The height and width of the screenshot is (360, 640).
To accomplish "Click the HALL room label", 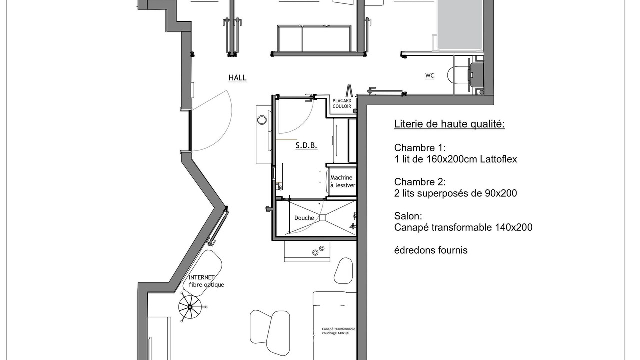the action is click(x=237, y=78).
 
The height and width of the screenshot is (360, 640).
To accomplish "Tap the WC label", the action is click(x=429, y=76).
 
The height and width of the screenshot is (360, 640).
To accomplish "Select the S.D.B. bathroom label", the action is click(x=306, y=146).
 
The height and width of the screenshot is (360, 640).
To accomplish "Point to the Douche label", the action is click(x=304, y=218).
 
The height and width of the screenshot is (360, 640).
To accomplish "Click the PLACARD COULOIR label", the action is click(x=342, y=103).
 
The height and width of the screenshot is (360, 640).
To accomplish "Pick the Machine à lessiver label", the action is click(x=343, y=181).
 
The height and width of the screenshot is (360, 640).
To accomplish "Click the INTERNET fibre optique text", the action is click(x=206, y=281).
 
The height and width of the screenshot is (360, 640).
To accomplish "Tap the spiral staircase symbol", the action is click(x=190, y=307).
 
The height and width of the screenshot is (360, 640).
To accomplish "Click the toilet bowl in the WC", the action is click(x=458, y=75).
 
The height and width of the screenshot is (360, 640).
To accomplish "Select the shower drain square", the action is click(x=323, y=218).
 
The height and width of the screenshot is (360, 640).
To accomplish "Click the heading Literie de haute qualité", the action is click(x=449, y=124).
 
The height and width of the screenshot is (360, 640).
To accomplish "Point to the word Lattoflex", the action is click(x=498, y=159).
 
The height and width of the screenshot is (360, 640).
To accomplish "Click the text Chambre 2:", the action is click(x=420, y=182).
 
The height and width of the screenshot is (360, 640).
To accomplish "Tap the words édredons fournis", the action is click(x=431, y=250).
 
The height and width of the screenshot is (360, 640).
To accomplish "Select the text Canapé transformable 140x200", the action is click(x=463, y=227).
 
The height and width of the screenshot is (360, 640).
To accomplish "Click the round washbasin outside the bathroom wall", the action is click(x=262, y=120).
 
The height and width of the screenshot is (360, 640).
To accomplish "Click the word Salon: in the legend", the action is click(x=408, y=216).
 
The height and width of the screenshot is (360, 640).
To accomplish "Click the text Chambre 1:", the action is click(x=420, y=148).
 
